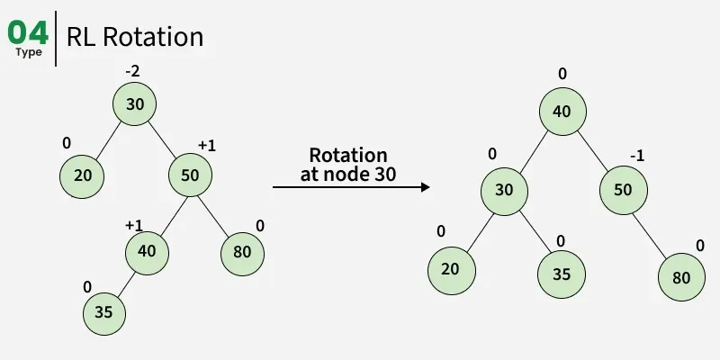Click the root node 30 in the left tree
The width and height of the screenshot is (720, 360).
(135, 104)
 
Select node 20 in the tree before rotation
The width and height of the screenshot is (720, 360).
(83, 175)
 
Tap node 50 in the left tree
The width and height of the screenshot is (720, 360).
(190, 175)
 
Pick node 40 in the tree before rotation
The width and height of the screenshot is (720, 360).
(148, 250)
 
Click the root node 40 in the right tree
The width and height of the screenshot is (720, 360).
(562, 112)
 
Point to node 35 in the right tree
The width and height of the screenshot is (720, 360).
(561, 274)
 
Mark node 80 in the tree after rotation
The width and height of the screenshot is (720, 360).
(681, 277)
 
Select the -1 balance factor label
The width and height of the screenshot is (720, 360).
(636, 157)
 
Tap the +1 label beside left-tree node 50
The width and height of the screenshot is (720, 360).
(207, 146)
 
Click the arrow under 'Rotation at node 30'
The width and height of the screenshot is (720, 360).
(351, 187)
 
